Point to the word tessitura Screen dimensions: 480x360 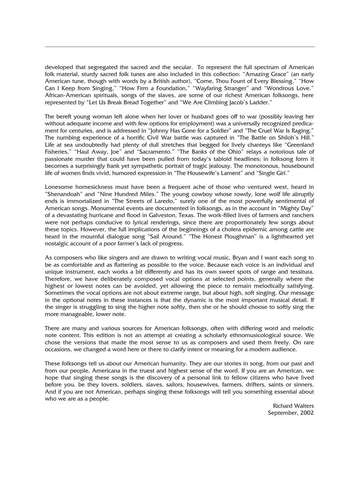[299, 272]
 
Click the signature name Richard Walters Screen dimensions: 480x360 [293, 406]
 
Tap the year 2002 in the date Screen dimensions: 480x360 [307, 413]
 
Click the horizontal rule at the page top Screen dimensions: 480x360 [180, 47]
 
